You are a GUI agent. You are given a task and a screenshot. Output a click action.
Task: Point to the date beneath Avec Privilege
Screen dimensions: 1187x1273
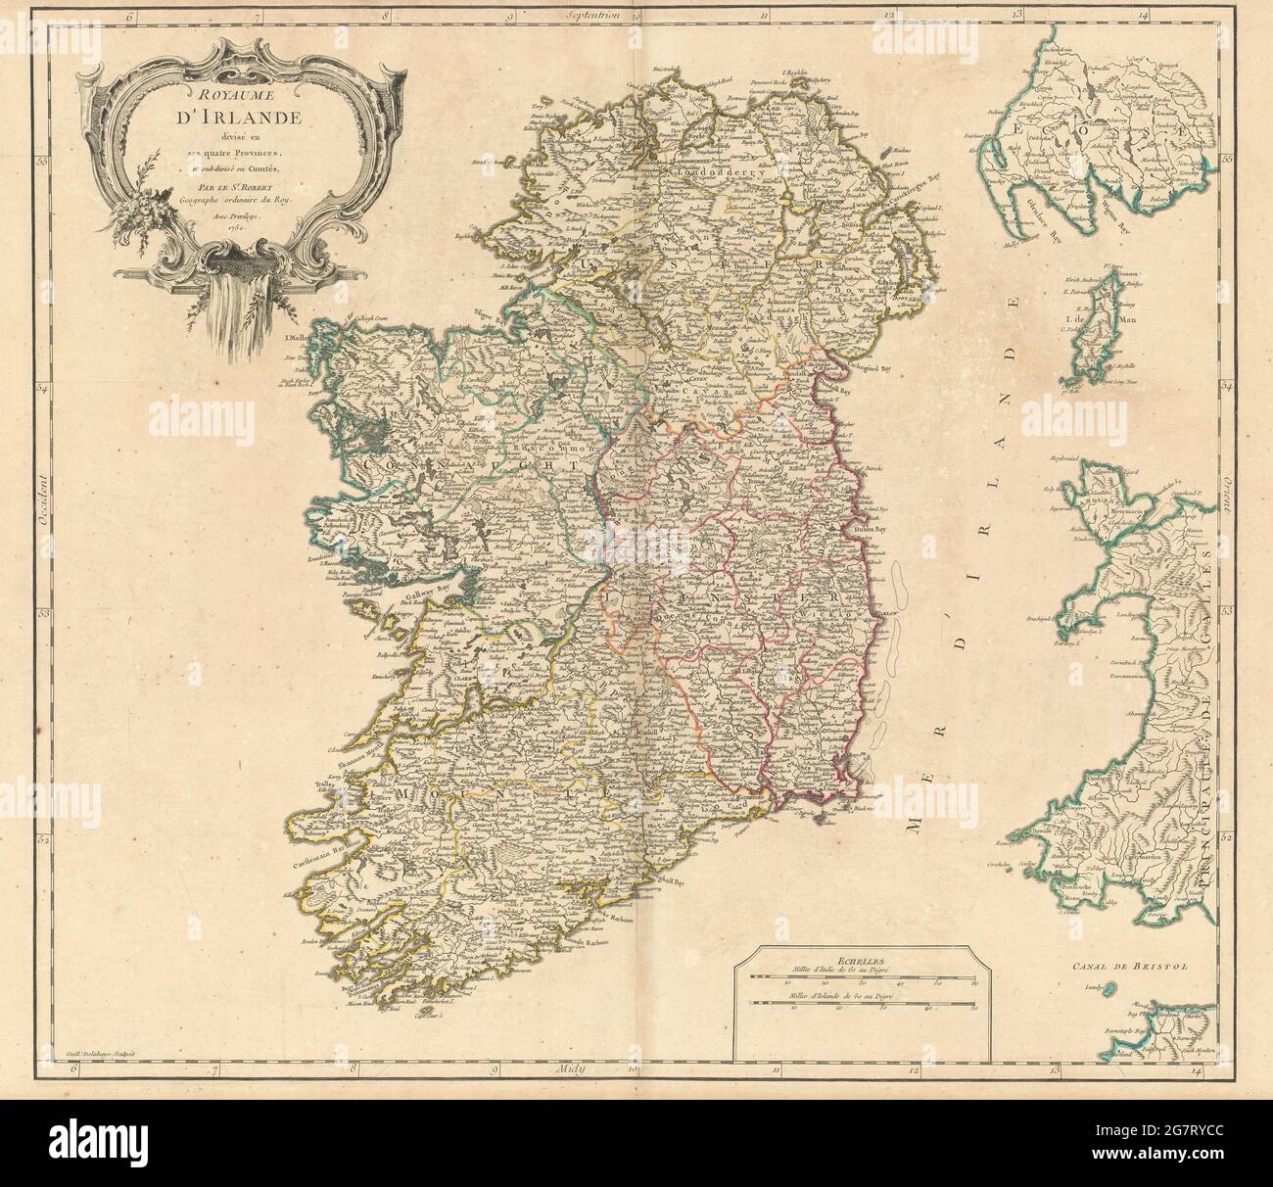click(230, 225)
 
